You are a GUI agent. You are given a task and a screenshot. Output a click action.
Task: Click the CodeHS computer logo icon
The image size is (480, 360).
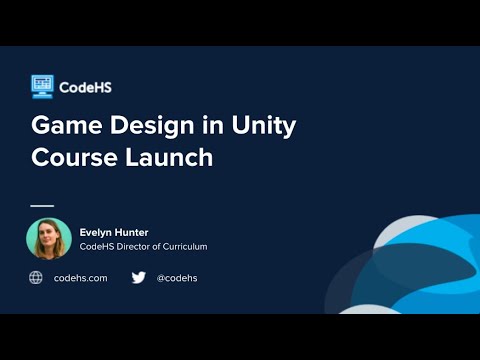(x=42, y=86)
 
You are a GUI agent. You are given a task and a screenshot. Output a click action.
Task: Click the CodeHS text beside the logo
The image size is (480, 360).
(x=85, y=87)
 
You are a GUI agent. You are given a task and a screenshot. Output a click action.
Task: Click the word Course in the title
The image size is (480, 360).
(x=71, y=158)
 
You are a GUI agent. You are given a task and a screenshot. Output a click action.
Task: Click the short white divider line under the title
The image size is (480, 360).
(x=42, y=205)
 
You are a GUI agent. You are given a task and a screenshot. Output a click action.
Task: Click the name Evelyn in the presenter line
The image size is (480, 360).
(x=98, y=231)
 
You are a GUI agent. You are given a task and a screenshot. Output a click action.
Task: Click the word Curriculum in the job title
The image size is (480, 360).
(x=185, y=246)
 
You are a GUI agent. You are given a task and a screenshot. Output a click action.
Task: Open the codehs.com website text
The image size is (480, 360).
(x=81, y=277)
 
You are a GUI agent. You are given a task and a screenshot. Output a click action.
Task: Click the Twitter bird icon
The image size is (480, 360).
(x=138, y=277)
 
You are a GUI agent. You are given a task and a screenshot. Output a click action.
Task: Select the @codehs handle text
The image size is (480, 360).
(x=177, y=277)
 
